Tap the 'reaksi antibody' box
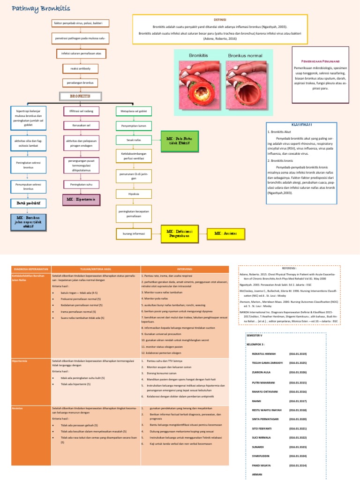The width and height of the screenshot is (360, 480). point(81,68)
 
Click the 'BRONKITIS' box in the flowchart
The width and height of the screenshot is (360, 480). point(80,96)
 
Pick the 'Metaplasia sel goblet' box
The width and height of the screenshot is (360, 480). point(131,112)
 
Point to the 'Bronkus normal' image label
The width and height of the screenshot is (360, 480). point(246,55)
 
